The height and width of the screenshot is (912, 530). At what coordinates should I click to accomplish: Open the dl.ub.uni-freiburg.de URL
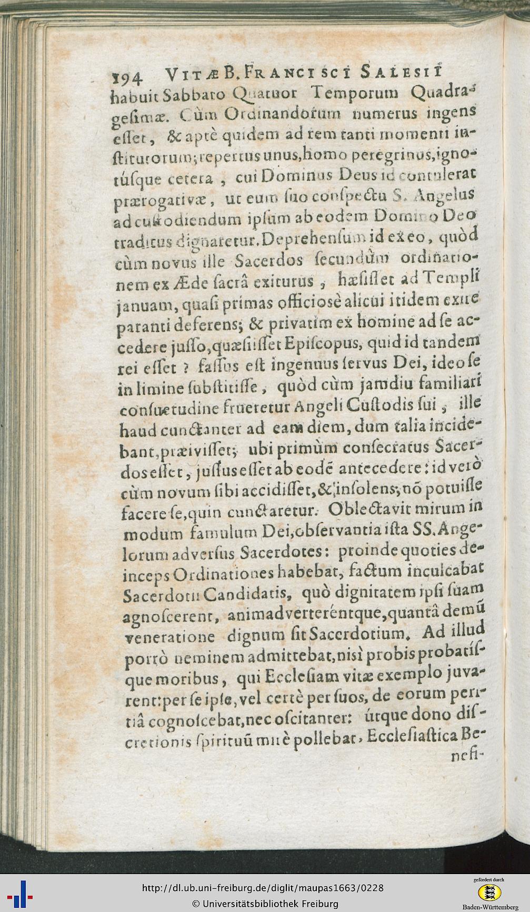263,888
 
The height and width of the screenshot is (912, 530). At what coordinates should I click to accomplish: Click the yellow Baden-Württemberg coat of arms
489,892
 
